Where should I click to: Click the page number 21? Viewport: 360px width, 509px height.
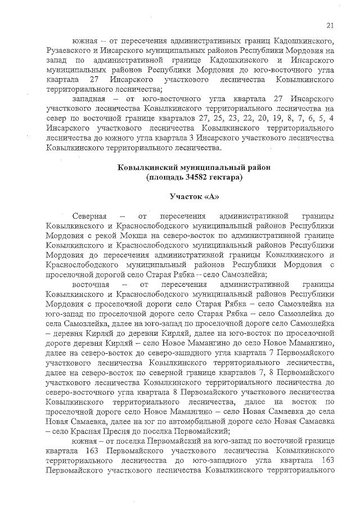tap(330, 24)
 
